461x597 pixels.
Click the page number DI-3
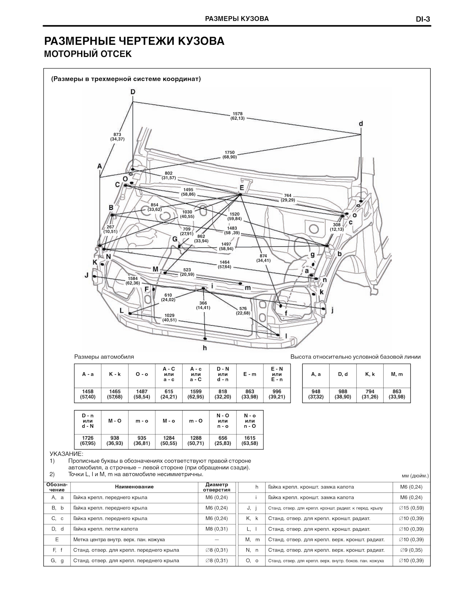coord(423,19)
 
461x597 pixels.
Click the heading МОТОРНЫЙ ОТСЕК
coord(88,54)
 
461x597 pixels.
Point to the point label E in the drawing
coord(242,188)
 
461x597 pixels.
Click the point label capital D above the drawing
coord(133,92)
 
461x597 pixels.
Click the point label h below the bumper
coord(205,348)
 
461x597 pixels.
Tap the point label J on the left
coord(87,275)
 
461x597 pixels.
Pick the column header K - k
coord(115,374)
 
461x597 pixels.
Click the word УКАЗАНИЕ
coord(66,454)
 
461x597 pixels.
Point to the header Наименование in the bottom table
coord(134,487)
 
